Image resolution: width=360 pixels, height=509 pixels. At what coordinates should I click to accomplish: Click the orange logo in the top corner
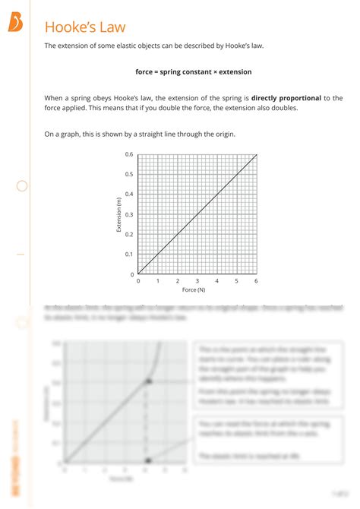(x=15, y=24)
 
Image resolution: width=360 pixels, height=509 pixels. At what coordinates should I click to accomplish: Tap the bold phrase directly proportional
(x=286, y=98)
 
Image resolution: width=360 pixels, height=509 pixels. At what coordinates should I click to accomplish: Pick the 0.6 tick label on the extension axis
(x=129, y=154)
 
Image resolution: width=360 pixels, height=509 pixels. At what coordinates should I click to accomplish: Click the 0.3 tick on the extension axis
(x=129, y=214)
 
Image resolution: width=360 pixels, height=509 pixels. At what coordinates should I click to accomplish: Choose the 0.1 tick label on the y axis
(x=129, y=254)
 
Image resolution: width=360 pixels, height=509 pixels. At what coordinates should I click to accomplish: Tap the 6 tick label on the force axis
(x=257, y=281)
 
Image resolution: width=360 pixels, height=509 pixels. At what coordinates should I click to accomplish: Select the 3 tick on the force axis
(x=197, y=281)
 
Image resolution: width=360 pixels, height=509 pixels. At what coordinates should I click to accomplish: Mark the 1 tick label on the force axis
(x=158, y=281)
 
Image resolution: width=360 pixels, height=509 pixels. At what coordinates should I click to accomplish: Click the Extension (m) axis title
(x=118, y=214)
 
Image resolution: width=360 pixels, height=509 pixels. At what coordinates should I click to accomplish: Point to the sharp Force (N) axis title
(x=194, y=290)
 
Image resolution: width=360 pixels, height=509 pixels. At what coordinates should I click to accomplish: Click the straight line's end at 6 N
(x=257, y=155)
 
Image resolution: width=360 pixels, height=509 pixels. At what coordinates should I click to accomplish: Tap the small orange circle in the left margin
(x=22, y=185)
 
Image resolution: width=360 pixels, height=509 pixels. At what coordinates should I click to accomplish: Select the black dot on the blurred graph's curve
(x=149, y=381)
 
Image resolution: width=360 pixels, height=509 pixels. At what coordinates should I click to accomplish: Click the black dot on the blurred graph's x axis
(x=149, y=460)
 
